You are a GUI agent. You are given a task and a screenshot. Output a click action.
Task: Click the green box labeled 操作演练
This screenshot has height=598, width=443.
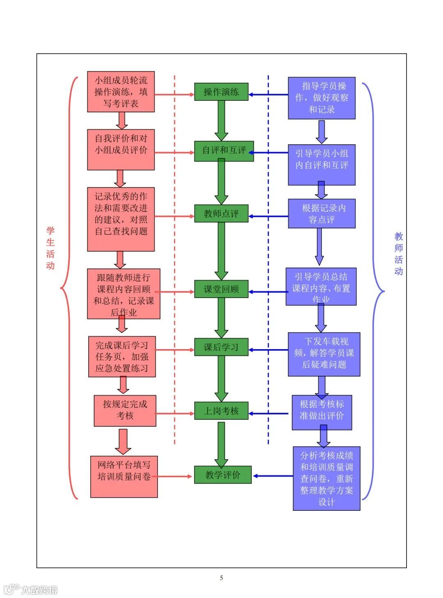click(221, 92)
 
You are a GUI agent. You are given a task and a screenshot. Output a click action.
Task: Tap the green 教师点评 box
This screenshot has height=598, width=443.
click(221, 214)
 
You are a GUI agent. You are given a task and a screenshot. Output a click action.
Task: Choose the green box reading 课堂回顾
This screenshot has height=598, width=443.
click(221, 289)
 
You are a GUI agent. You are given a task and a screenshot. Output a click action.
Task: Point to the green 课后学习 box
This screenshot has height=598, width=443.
click(221, 347)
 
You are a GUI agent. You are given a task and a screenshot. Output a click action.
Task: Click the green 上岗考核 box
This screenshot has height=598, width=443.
click(221, 411)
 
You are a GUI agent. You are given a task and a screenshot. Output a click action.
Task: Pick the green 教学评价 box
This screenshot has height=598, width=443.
click(223, 475)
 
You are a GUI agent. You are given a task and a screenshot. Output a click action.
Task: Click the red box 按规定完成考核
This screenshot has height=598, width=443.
click(125, 410)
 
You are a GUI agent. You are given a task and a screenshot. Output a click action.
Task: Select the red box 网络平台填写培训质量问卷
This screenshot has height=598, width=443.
click(124, 477)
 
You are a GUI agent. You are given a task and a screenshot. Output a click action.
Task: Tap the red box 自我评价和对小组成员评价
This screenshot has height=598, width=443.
click(121, 149)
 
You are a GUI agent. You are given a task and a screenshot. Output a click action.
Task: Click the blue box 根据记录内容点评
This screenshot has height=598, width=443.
click(322, 214)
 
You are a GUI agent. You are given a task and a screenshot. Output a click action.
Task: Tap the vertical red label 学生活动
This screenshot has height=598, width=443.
click(50, 248)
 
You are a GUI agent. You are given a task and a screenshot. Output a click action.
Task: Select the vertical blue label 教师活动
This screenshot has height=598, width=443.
click(398, 254)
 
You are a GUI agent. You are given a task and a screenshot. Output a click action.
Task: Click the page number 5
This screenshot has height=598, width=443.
click(221, 578)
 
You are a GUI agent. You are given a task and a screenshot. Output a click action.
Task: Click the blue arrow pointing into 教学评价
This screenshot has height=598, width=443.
click(273, 476)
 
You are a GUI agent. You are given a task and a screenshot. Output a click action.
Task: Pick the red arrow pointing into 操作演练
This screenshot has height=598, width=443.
click(174, 94)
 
